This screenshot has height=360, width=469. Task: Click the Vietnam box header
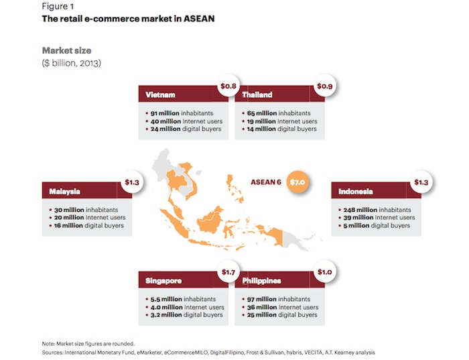tap(183, 94)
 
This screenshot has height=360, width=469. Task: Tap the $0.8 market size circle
tap(228, 86)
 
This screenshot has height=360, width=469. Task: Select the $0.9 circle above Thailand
tap(325, 86)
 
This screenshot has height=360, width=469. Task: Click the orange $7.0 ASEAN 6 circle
tap(297, 182)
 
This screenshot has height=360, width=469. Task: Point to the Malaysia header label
tap(64, 192)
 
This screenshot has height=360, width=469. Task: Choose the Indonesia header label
tap(356, 192)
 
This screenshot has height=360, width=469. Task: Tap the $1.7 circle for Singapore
tap(228, 272)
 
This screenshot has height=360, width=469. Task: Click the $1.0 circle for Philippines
tap(325, 272)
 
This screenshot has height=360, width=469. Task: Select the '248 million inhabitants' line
tap(377, 210)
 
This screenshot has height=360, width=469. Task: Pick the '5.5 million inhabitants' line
tap(183, 299)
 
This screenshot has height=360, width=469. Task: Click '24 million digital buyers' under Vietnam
tap(186, 129)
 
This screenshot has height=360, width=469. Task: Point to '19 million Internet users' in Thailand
tap(282, 121)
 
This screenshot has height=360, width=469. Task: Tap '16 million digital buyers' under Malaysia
tap(89, 225)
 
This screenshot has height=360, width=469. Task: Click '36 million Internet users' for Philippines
tap(283, 307)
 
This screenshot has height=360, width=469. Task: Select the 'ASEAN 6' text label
tap(266, 182)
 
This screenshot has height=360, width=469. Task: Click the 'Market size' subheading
tap(67, 50)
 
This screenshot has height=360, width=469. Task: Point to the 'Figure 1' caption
tap(58, 6)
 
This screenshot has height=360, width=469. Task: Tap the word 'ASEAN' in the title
tap(199, 19)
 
